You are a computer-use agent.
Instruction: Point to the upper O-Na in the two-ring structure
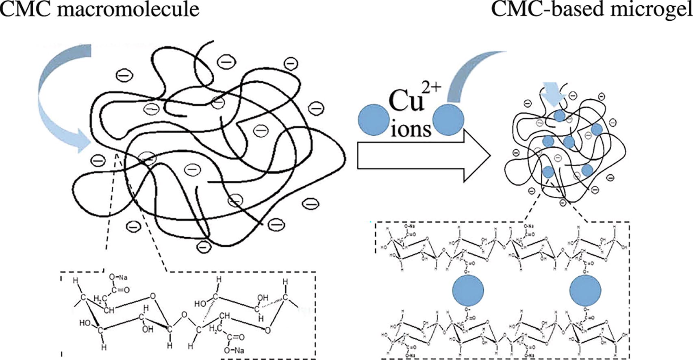click(x=118, y=278)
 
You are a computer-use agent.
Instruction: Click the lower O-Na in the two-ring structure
click(x=234, y=350)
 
